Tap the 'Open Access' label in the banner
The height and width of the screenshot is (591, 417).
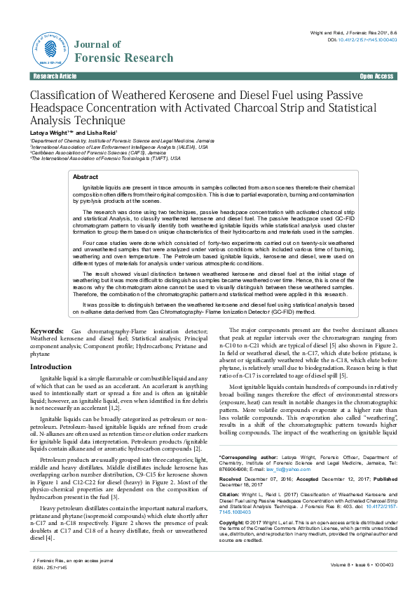point(376,76)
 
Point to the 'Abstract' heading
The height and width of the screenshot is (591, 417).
point(86,178)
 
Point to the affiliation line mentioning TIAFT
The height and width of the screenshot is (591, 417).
point(105,159)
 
